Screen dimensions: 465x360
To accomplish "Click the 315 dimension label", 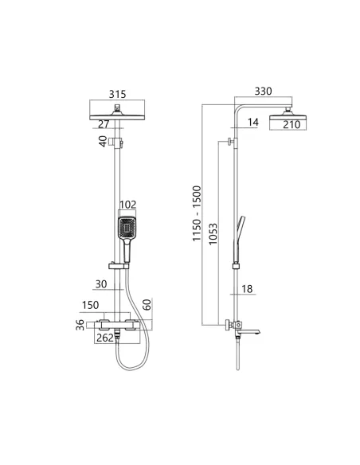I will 119,92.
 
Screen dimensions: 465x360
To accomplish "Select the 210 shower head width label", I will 292,124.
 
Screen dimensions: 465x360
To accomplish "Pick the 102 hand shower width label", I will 128,205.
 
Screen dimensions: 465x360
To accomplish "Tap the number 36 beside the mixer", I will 79,326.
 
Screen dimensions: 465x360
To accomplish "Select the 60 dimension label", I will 146,306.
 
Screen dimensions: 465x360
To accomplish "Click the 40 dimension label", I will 103,142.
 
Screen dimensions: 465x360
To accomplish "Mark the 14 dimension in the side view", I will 253,123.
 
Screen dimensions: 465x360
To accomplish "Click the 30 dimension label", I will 100,283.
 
